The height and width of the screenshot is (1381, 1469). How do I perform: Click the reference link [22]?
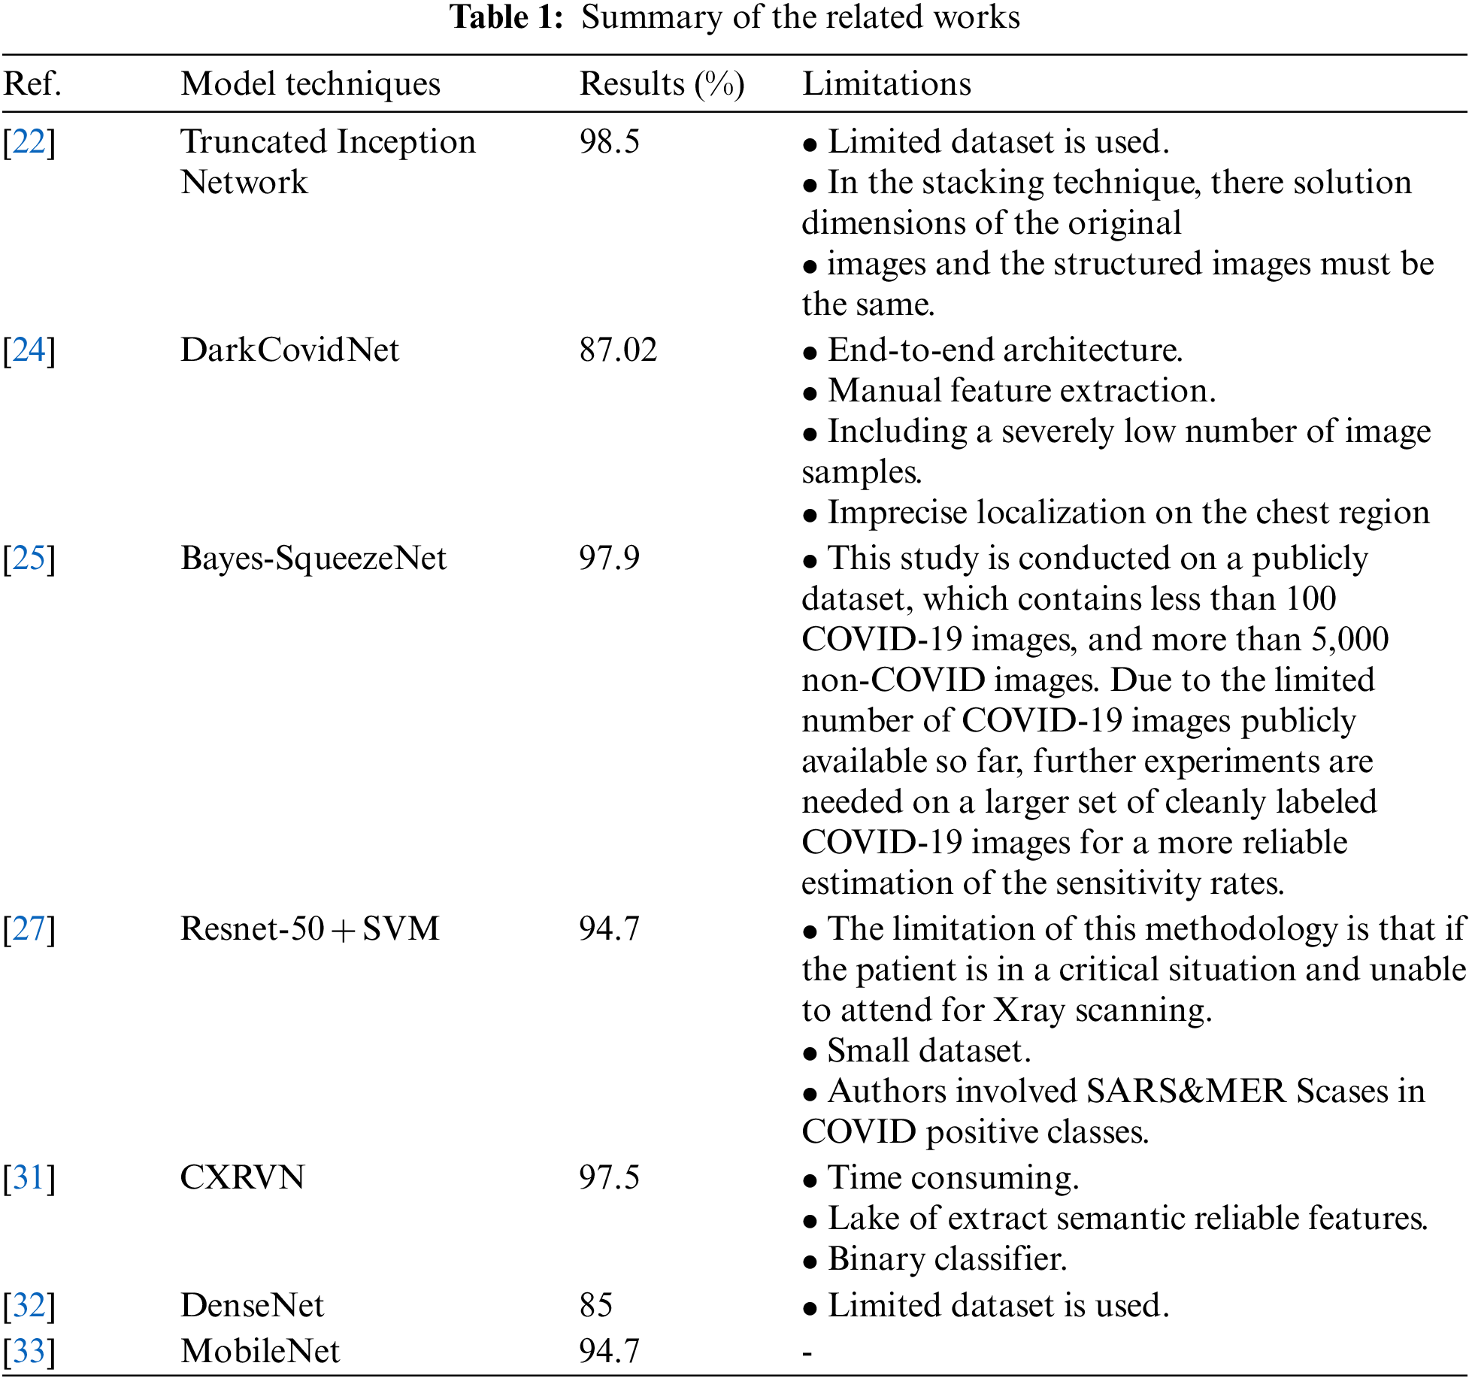[x=29, y=142]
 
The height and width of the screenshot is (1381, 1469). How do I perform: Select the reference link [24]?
[x=29, y=350]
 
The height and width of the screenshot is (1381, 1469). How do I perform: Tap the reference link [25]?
[x=29, y=559]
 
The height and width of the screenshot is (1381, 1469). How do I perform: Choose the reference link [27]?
[x=29, y=929]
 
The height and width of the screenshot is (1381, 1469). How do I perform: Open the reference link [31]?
[x=29, y=1178]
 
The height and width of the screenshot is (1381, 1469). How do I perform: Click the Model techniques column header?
[x=310, y=83]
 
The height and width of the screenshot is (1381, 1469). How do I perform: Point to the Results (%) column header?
[x=662, y=83]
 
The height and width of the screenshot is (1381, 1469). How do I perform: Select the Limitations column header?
[x=886, y=83]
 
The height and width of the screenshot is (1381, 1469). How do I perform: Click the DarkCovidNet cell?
[x=289, y=350]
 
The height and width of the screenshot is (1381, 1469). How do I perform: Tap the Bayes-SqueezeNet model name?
[x=313, y=559]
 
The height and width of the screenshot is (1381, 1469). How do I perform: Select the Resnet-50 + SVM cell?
[x=310, y=929]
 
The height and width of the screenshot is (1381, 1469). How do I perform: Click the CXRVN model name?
[x=242, y=1178]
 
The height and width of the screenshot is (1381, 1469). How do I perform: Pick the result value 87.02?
[x=618, y=350]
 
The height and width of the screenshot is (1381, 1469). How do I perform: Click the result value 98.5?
[x=609, y=142]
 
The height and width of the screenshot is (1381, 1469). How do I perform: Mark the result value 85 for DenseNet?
[x=595, y=1306]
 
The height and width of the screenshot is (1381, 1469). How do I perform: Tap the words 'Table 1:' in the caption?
[x=506, y=17]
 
